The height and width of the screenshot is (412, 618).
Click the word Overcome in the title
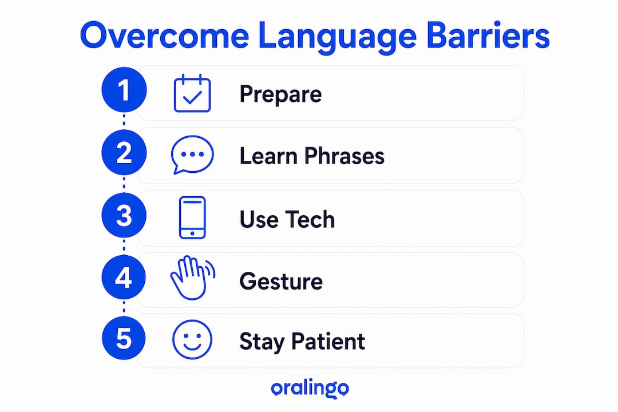pos(164,35)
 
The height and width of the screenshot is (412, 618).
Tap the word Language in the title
pos(338,37)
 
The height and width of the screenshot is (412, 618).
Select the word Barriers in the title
pos(488,35)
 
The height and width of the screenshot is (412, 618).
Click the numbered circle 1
pos(124,90)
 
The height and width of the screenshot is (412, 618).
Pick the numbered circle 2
pos(124,153)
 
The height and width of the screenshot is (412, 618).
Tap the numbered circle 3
pos(124,215)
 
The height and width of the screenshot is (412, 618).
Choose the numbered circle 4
pos(124,277)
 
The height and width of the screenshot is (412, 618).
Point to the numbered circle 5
pos(124,338)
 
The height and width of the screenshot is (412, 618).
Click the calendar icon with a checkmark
pos(192,93)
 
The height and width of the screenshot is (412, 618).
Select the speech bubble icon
pos(192,154)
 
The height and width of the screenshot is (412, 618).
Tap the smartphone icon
pos(192,217)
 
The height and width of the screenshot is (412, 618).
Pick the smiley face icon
pos(192,339)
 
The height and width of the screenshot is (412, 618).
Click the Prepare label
pos(280,94)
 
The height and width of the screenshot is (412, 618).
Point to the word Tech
pos(310,219)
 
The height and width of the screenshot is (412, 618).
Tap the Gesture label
pos(281,282)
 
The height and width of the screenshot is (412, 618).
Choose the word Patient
pos(328,342)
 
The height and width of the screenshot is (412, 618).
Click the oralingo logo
pos(310,389)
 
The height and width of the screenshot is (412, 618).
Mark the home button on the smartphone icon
pos(192,233)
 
